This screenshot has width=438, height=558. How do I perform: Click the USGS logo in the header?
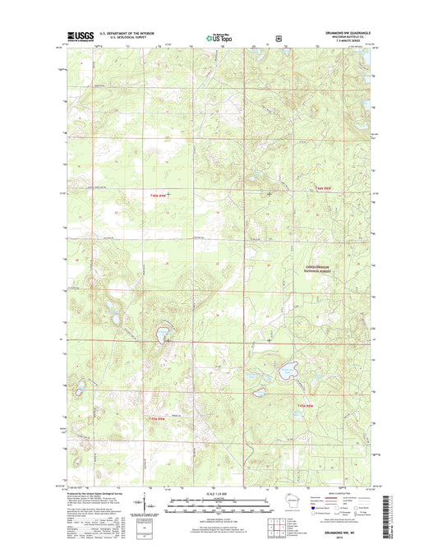[x=77, y=37]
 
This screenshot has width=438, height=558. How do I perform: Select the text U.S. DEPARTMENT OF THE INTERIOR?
[x=131, y=34]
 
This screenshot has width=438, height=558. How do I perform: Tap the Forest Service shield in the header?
[x=279, y=37]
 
